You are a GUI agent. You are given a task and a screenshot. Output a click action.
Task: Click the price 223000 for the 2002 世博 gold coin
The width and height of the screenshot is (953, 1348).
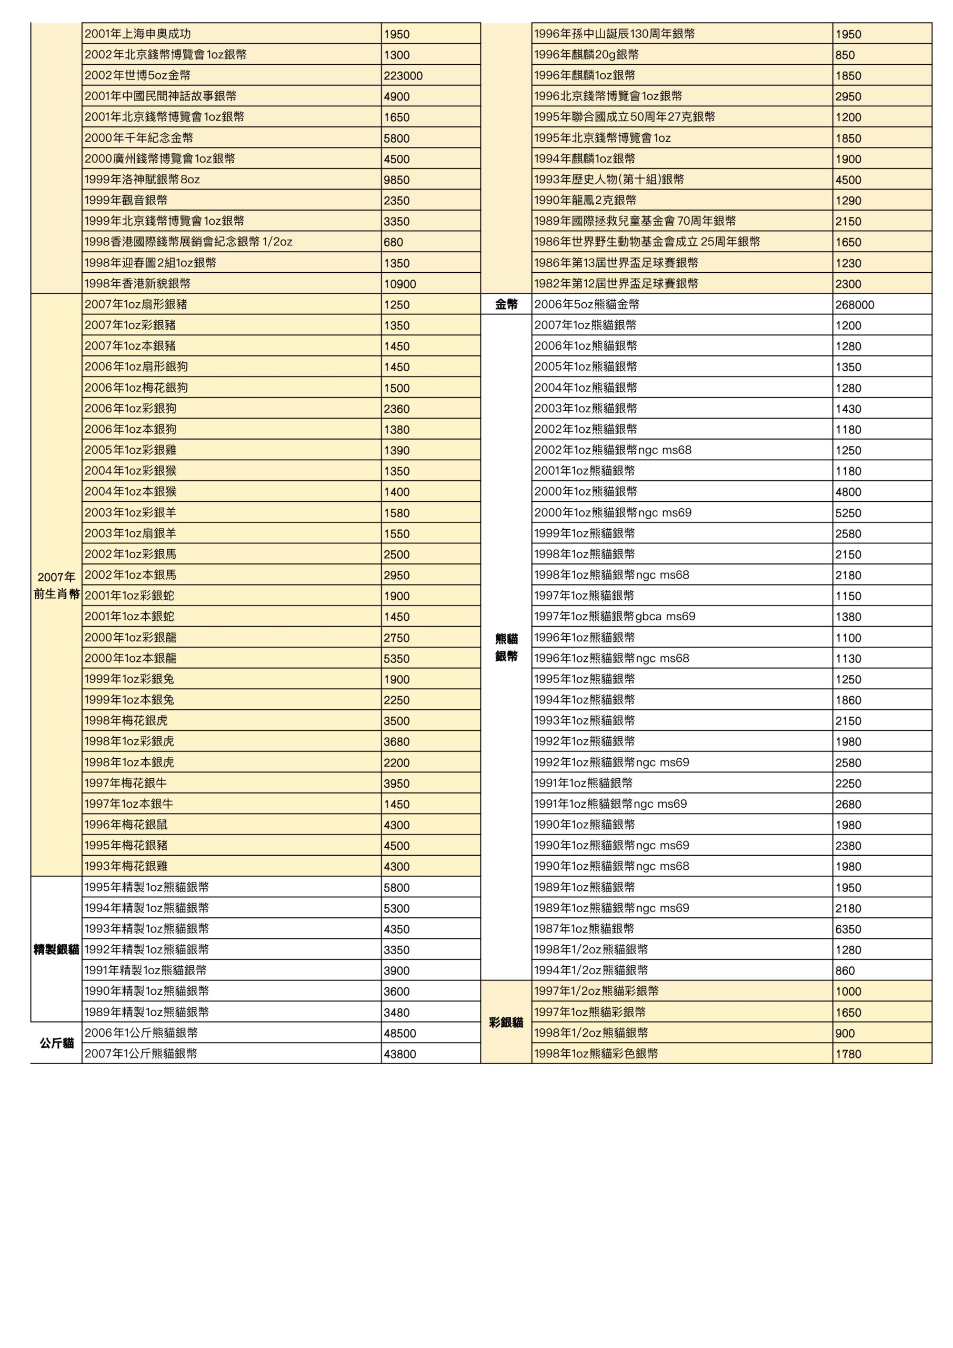point(403,76)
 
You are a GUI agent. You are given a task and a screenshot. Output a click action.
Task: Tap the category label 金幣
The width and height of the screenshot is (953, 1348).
point(506,304)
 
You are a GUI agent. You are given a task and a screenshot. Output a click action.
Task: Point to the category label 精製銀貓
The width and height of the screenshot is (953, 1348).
point(56,949)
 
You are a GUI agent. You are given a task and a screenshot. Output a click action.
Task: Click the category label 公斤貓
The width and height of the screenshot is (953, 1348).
point(56,1043)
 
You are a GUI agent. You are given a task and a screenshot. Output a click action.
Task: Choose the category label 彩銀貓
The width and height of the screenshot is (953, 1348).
point(506,1022)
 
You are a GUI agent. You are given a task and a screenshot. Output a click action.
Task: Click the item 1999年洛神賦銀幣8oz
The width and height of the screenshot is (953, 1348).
point(142,180)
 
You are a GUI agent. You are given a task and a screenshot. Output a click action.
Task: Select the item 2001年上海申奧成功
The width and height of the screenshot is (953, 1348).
point(137,34)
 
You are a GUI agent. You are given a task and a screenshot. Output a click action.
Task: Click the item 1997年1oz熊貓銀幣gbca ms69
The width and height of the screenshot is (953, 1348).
point(615,617)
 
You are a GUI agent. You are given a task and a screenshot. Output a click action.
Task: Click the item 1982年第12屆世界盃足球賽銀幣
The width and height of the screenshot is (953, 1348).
point(616,284)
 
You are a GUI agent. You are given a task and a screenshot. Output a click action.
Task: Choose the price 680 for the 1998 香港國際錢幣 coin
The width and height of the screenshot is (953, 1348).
point(393,242)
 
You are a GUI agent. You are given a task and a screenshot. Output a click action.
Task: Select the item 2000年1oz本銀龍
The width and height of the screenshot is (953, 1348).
point(131,658)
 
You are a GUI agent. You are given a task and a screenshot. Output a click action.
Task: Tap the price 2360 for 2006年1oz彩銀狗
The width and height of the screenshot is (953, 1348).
point(396,409)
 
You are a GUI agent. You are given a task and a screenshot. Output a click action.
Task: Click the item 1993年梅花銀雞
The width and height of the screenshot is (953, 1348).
point(126,866)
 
